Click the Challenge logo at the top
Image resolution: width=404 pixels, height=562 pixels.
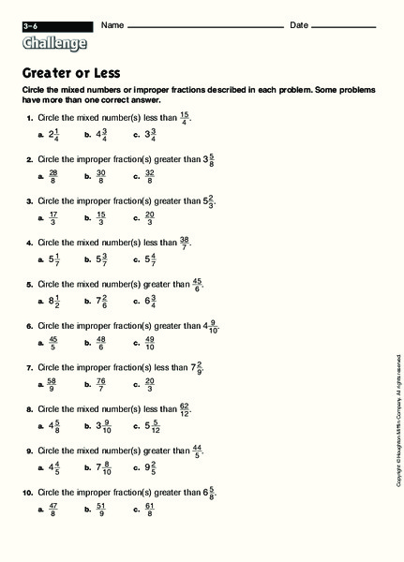[x=54, y=43]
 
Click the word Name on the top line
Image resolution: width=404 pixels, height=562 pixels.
[x=112, y=24]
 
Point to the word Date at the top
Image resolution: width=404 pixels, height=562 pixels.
[x=299, y=24]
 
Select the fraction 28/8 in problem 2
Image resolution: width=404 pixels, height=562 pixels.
[x=52, y=176]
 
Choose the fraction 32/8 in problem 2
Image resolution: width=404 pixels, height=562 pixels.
[x=150, y=176]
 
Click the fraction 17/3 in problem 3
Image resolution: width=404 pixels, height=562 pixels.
[x=52, y=218]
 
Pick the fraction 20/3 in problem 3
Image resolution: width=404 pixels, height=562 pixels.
[x=150, y=218]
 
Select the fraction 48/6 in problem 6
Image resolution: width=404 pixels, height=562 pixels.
[x=101, y=344]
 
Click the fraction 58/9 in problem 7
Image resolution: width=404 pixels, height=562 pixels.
[x=52, y=385]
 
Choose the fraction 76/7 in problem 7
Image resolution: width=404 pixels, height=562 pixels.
[x=101, y=385]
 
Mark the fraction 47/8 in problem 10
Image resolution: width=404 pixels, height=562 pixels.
[x=52, y=510]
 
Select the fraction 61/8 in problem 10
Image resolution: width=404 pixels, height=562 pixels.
[x=150, y=510]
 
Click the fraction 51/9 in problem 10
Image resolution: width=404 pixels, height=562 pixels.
[x=101, y=510]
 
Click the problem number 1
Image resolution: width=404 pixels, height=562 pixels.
[x=29, y=118]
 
